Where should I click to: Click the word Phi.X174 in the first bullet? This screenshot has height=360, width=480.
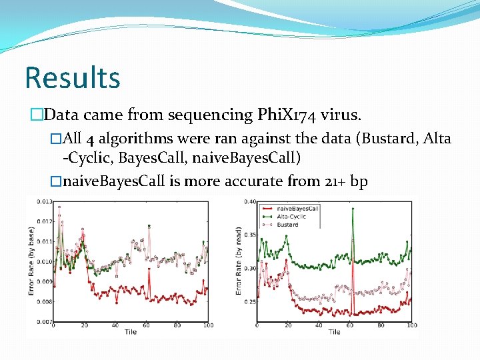286,115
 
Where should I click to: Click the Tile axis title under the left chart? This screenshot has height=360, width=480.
130,333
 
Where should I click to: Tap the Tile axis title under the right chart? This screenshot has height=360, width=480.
334,333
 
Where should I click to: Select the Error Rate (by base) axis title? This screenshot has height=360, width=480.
31,261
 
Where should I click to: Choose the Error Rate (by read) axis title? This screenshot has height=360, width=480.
238,261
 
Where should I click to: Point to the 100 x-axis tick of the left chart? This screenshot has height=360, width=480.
207,326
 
